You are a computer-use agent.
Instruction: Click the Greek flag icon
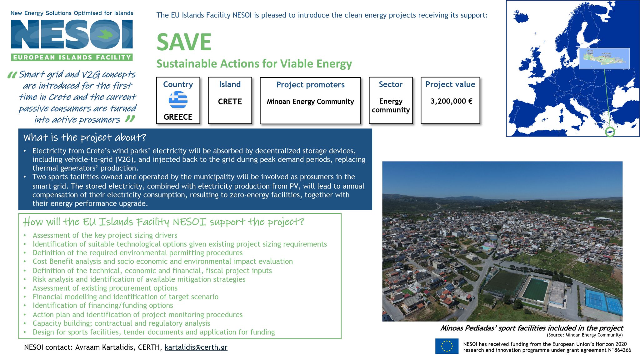pyautogui.click(x=178, y=100)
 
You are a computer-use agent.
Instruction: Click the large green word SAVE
pyautogui.click(x=184, y=42)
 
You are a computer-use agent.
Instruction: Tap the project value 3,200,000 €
pyautogui.click(x=451, y=101)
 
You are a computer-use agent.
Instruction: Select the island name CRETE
pyautogui.click(x=230, y=102)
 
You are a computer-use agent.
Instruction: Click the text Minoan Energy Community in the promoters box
pyautogui.click(x=310, y=102)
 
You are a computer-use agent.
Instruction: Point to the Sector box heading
pyautogui.click(x=391, y=84)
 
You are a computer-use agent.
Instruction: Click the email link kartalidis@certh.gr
pyautogui.click(x=196, y=347)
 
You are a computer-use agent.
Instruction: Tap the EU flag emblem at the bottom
pyautogui.click(x=447, y=346)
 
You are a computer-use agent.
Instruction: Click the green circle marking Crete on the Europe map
pyautogui.click(x=610, y=132)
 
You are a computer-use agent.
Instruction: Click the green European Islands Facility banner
pyautogui.click(x=72, y=57)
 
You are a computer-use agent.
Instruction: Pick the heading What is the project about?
pyautogui.click(x=85, y=137)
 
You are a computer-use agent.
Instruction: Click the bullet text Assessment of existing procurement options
pyautogui.click(x=105, y=288)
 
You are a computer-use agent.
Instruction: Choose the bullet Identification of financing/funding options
pyautogui.click(x=103, y=305)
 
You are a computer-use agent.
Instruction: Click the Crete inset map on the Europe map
pyautogui.click(x=604, y=58)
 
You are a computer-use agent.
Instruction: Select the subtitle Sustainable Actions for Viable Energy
pyautogui.click(x=254, y=64)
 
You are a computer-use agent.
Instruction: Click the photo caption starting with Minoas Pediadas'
pyautogui.click(x=532, y=328)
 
